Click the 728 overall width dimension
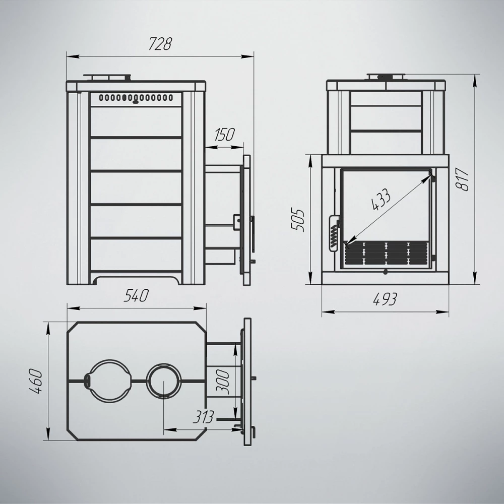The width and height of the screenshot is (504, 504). tap(160, 44)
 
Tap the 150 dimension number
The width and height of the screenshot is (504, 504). tap(224, 135)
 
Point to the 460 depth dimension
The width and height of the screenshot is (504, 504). tap(36, 382)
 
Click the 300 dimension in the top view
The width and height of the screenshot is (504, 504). tap(222, 382)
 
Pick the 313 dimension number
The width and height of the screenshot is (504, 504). tap(204, 417)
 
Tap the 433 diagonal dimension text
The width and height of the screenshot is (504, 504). tap(381, 200)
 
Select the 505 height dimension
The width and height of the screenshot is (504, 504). tap(297, 220)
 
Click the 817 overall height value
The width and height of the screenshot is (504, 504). tap(464, 179)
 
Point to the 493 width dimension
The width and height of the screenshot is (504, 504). tap(385, 299)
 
